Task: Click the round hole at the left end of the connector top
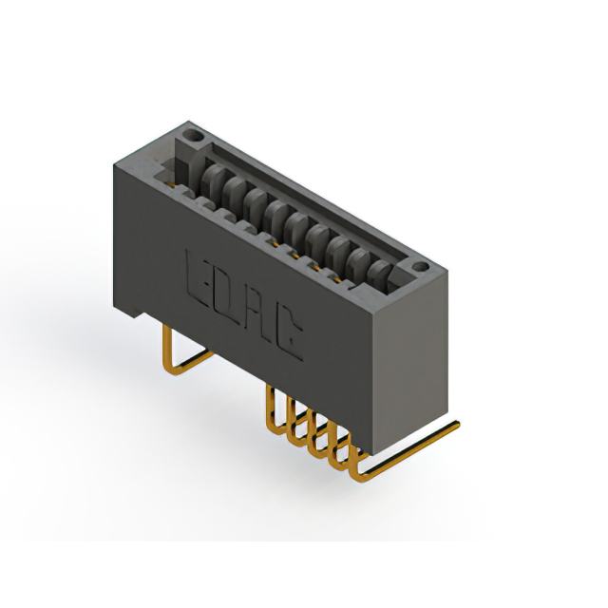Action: [x=193, y=136]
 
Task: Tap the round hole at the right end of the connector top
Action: [x=420, y=267]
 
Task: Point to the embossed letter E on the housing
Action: [x=199, y=279]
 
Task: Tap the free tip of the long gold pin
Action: [x=458, y=425]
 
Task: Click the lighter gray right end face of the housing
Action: [x=410, y=362]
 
